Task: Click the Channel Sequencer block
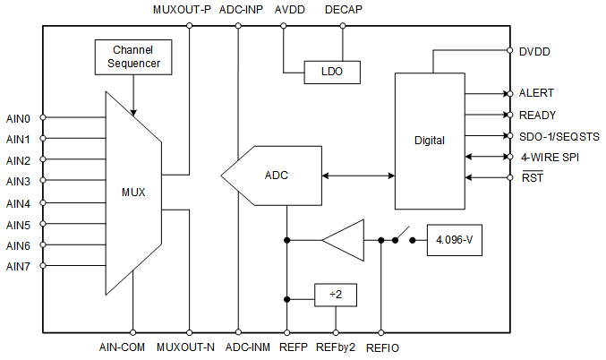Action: click(x=132, y=57)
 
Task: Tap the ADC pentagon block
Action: click(x=272, y=175)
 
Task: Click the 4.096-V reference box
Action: click(x=454, y=240)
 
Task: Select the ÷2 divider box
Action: click(x=335, y=293)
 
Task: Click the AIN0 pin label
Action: click(x=19, y=118)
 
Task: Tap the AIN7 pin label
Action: click(x=19, y=266)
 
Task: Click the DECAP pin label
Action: click(x=344, y=11)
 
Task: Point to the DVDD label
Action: click(x=534, y=52)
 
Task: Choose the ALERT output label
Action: click(x=536, y=93)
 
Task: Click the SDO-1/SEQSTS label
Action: click(x=559, y=136)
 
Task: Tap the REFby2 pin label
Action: click(x=336, y=347)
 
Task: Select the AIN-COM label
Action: click(x=122, y=347)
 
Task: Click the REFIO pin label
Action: click(x=382, y=347)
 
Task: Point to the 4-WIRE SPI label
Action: click(x=551, y=157)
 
